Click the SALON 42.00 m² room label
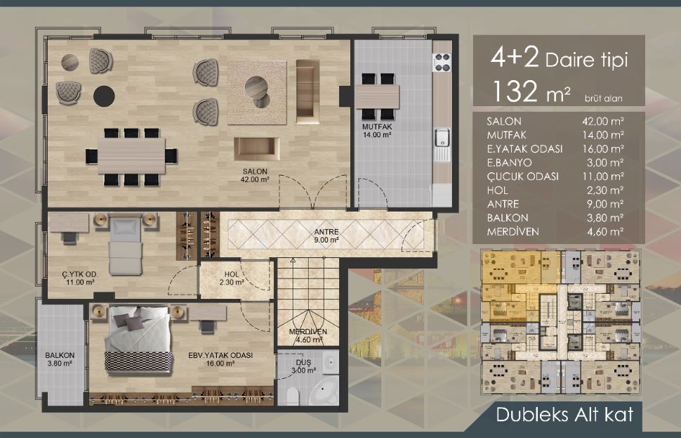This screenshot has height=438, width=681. click(255, 175)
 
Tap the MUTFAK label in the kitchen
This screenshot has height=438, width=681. click(377, 127)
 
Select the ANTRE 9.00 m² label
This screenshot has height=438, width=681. click(326, 236)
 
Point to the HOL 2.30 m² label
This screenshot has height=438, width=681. click(232, 278)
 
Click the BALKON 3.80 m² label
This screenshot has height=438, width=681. click(60, 359)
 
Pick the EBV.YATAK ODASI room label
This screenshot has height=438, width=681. click(220, 355)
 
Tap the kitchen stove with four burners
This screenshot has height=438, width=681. click(442, 62)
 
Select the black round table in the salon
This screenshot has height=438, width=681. click(104, 96)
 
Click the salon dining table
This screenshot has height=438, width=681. click(131, 155)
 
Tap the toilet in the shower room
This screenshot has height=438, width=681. click(293, 396)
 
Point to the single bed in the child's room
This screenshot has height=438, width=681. click(126, 246)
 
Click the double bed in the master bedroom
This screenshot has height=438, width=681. click(138, 340)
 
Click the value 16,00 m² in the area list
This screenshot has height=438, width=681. click(603, 149)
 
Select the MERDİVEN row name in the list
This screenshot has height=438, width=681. click(513, 232)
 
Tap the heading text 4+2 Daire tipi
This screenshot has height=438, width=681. click(559, 59)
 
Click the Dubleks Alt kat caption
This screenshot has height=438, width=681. click(564, 414)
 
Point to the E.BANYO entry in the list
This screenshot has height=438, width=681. click(509, 162)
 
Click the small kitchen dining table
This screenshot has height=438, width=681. click(378, 96)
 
